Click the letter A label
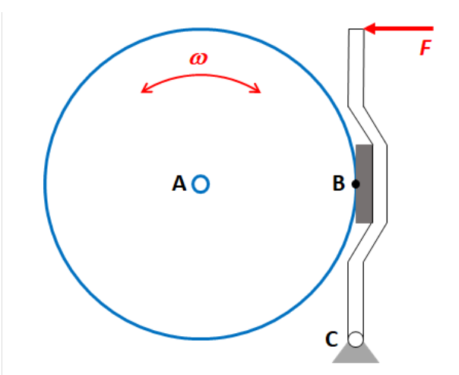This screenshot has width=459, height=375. click(179, 183)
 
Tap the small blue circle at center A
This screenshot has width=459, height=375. click(201, 183)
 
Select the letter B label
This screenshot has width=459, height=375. click(339, 183)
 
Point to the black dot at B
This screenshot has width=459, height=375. click(356, 183)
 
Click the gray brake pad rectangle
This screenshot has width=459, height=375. click(365, 183)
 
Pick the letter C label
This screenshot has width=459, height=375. click(332, 339)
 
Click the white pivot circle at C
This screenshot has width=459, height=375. click(355, 339)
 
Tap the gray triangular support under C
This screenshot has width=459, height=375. click(355, 354)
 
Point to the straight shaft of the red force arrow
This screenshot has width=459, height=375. click(410, 29)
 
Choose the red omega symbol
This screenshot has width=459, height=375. click(199, 59)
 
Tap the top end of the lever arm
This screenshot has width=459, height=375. click(356, 30)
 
